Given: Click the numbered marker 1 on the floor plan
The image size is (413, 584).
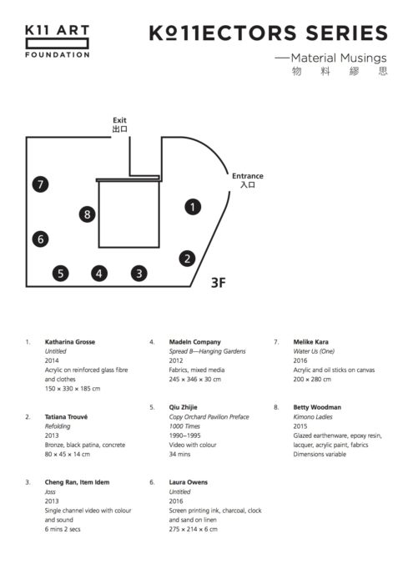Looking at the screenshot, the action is click(193, 207).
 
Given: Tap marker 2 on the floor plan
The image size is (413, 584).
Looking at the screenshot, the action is click(188, 259).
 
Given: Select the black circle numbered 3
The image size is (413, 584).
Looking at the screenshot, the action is click(139, 274).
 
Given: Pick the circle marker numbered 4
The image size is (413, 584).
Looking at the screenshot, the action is click(99, 274).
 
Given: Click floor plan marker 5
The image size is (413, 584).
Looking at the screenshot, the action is click(61, 274).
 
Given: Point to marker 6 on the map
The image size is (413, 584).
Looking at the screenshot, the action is click(41, 239).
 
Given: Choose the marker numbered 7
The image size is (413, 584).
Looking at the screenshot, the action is click(40, 184).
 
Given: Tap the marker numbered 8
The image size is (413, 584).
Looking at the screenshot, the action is click(87, 214).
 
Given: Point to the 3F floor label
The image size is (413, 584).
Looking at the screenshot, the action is click(219, 283).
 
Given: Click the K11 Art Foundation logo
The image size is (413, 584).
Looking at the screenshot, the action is click(58, 42).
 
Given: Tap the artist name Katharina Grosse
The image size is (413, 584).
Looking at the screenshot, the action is click(70, 342).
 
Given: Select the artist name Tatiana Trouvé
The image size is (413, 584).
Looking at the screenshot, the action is click(66, 417).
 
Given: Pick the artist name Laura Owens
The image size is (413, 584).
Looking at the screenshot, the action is click(189, 482).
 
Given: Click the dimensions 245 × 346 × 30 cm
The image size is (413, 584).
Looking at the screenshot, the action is click(195, 379).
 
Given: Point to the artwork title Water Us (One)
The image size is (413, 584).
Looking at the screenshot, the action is click(314, 351).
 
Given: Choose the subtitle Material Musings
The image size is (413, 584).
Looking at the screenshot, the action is click(339, 58).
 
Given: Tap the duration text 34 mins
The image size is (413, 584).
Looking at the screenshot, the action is click(179, 454).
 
